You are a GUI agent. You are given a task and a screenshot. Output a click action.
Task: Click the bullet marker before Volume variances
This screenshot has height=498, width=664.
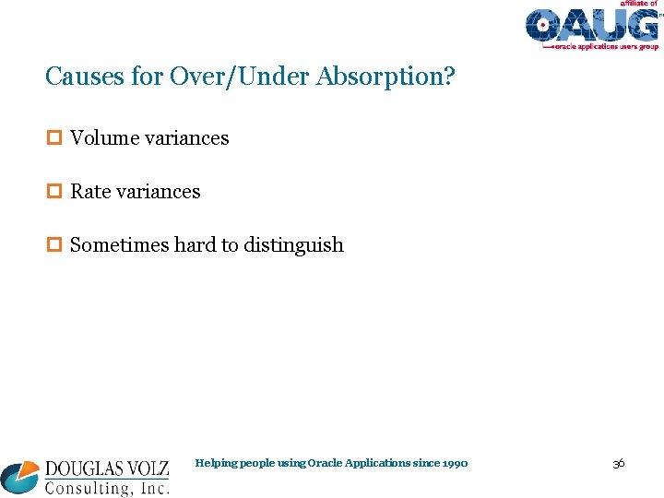pos(53,138)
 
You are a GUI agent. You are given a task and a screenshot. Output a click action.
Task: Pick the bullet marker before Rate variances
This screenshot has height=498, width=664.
pos(53,192)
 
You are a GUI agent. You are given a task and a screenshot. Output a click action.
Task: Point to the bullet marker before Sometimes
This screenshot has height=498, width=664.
pos(53,245)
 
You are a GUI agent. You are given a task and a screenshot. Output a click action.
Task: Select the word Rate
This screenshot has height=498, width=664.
pos(89,192)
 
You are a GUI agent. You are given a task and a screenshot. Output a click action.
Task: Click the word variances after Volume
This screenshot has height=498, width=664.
pos(185,138)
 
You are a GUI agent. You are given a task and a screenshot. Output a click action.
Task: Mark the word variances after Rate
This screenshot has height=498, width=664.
pos(157,192)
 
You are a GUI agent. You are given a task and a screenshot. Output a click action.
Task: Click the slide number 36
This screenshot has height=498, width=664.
pos(618,463)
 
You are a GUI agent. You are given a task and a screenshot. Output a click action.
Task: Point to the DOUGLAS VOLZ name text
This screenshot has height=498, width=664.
pos(107,468)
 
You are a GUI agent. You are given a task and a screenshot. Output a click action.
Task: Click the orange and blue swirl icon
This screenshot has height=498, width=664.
pos(20,477)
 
